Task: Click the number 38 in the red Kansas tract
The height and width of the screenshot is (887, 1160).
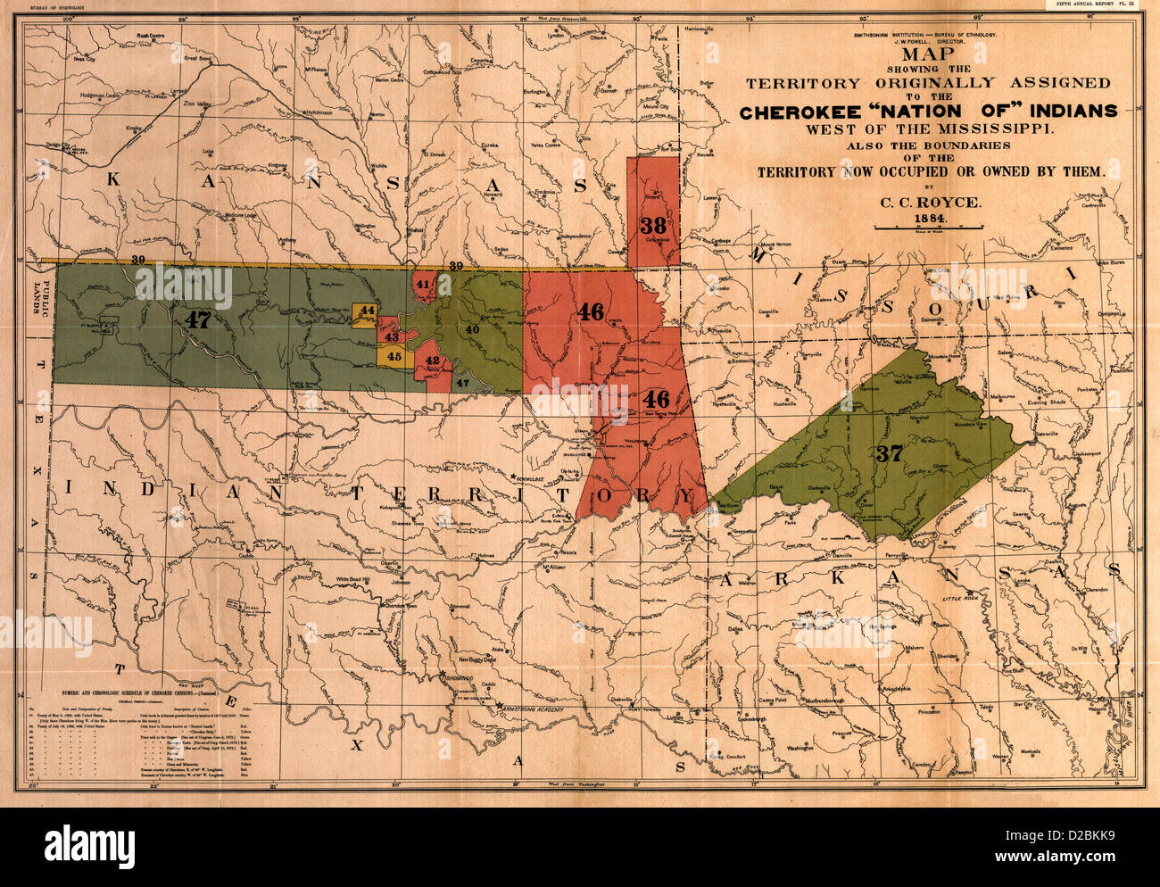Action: [653, 225]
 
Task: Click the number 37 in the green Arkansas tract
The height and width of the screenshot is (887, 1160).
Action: [889, 453]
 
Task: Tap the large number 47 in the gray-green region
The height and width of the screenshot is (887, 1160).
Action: [197, 319]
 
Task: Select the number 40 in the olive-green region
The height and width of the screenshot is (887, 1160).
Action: [472, 329]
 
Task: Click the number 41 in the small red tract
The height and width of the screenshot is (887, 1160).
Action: [422, 284]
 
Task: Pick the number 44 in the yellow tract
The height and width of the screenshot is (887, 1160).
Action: [367, 311]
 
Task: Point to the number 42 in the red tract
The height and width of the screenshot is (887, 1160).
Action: [433, 361]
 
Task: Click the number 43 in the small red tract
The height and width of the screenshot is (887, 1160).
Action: [391, 337]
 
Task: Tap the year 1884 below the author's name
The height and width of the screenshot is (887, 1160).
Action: [930, 219]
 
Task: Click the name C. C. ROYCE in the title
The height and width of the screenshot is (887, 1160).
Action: [930, 203]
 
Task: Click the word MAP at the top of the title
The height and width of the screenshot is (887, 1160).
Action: [928, 53]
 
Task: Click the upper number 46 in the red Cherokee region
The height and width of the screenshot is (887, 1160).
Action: [590, 311]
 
